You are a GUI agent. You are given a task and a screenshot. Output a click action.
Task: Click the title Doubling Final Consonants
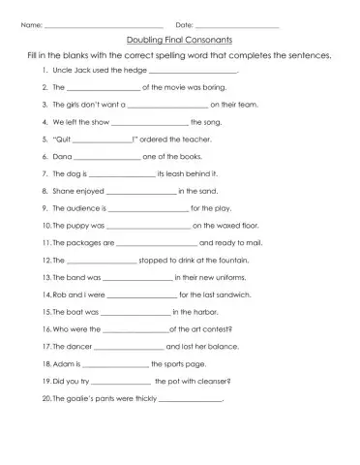pos(179,41)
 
